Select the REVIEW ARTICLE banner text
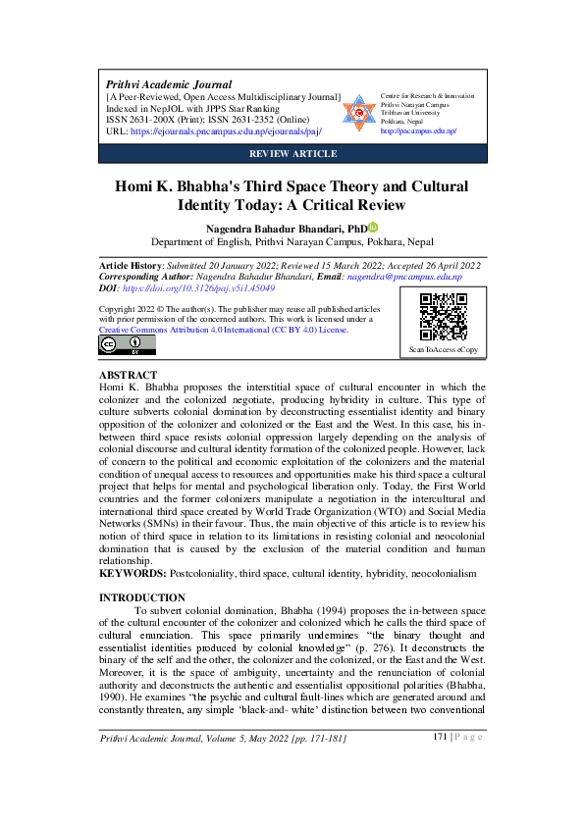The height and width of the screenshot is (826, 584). click(x=292, y=154)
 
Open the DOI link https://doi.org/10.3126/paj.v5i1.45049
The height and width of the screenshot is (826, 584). click(x=200, y=289)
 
